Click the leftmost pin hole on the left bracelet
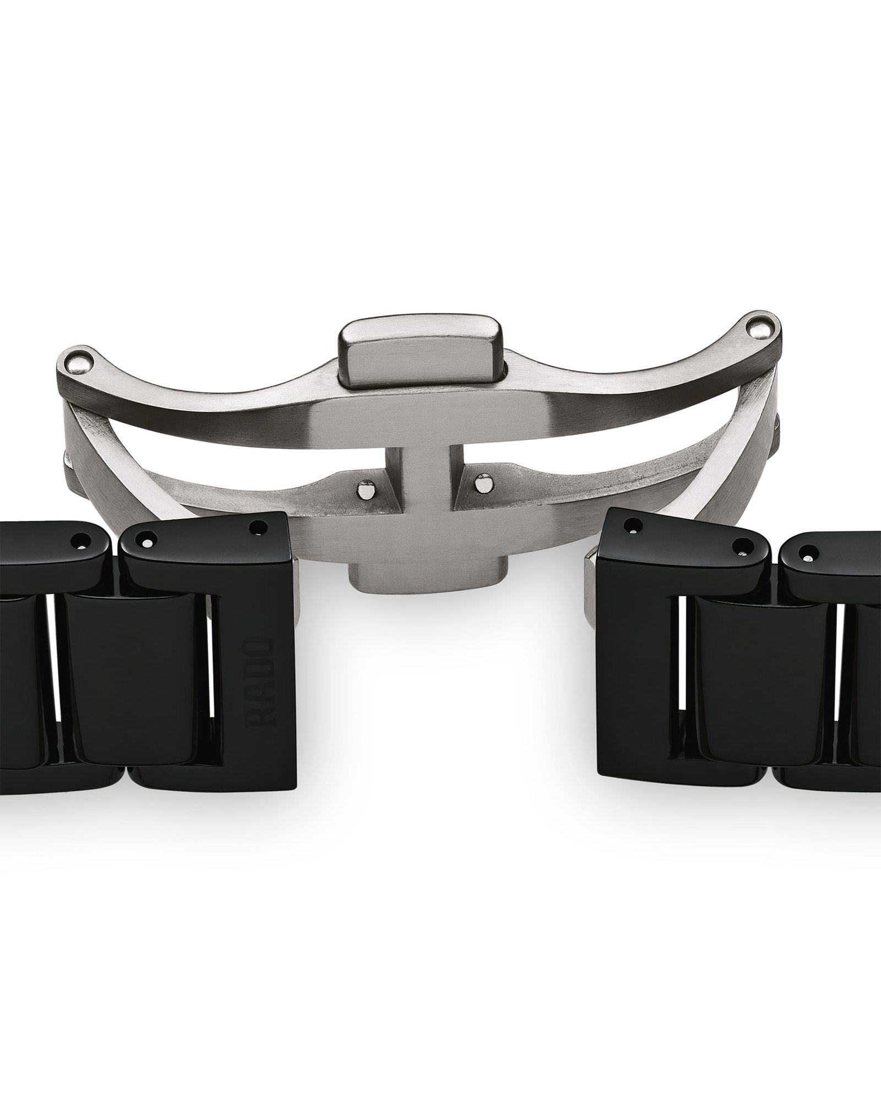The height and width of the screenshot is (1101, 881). coord(81,541)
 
